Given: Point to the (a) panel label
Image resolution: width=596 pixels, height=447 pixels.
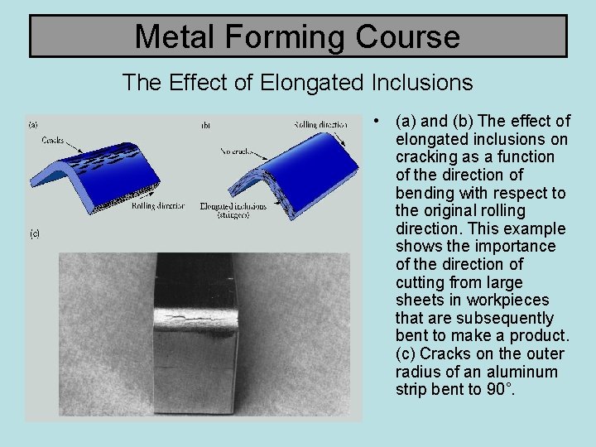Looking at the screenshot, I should coord(34,125).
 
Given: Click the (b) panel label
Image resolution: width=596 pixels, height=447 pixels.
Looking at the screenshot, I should coord(205,126).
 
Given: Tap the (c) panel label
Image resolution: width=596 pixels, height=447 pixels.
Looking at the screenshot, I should coord(35,233).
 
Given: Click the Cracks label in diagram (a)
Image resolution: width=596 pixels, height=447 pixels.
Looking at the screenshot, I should coord(53,141).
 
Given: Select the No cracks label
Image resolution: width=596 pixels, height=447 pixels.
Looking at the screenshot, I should coord(237,151).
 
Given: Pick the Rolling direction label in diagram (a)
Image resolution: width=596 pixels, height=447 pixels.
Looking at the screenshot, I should coord(158,205).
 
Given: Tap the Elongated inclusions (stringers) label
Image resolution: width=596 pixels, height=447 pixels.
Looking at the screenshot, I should coord(233,210).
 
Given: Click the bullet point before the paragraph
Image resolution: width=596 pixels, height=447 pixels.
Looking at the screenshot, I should coord(377,121).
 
